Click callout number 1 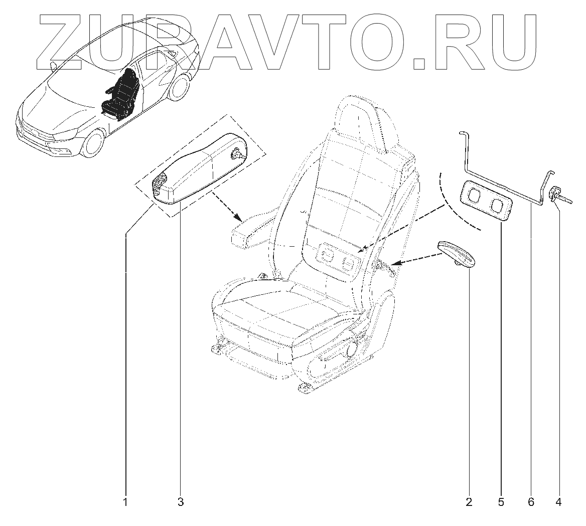coord(125,501)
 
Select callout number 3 coord(181,501)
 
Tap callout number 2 coord(469,501)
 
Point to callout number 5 coord(501,501)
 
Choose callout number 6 coord(531,501)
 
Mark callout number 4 coord(559,501)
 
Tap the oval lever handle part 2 coord(456,254)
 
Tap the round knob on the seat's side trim coord(359,347)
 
